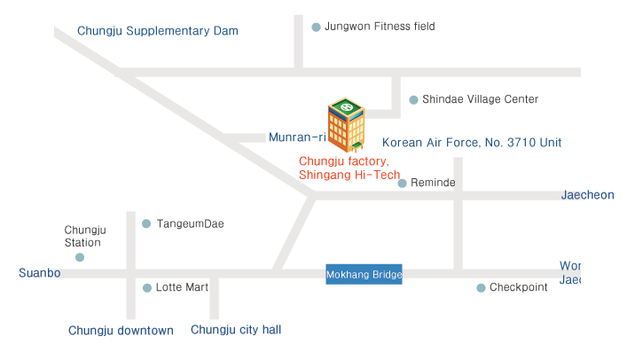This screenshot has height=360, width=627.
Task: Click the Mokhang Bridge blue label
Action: tap(364, 275)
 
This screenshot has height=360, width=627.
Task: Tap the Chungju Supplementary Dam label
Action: tap(157, 31)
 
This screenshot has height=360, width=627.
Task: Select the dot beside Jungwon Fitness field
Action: tap(316, 27)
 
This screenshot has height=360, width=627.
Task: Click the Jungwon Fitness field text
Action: tap(380, 27)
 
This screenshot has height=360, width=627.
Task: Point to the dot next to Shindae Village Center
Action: tap(413, 100)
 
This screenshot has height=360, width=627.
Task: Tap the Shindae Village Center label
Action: tap(480, 99)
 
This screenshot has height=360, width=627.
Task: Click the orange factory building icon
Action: tap(346, 125)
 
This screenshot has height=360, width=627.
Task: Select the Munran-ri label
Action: tap(297, 137)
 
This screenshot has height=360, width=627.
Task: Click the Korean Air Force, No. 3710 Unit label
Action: tap(471, 142)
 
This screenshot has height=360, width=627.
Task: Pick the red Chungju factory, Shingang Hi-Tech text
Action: tap(349, 168)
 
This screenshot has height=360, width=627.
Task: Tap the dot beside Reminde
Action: tap(402, 184)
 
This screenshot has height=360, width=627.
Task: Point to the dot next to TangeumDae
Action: tap(146, 223)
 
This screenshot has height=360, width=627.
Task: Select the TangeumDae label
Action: tap(190, 223)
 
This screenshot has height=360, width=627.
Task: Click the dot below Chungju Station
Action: tap(80, 257)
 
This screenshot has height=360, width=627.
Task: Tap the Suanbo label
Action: tap(39, 273)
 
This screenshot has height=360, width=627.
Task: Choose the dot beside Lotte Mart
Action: tap(147, 287)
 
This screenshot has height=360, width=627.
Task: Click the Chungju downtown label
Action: tap(121, 331)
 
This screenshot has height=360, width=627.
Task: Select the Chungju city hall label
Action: tap(236, 330)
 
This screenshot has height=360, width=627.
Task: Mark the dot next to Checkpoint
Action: tap(481, 287)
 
